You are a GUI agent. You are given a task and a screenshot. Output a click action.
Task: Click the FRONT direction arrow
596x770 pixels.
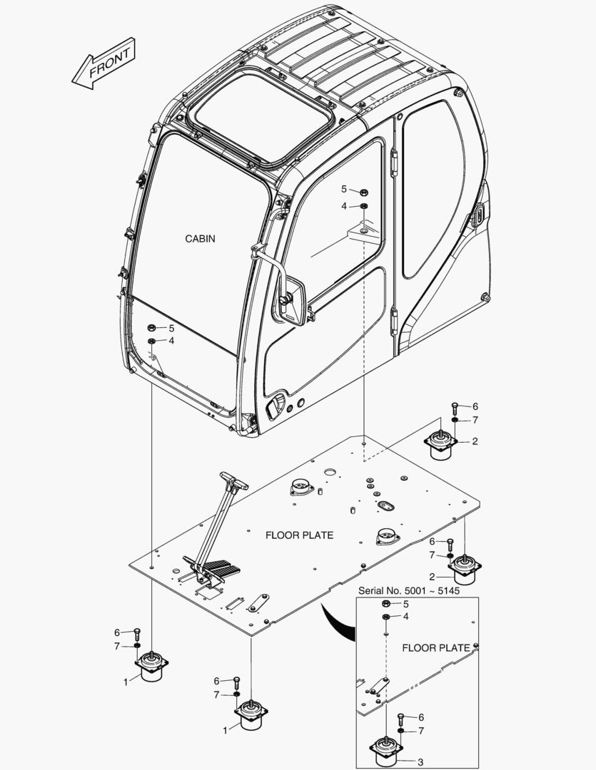[x=103, y=63]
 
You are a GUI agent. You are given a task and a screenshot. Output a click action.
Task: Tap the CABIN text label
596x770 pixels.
[x=200, y=239]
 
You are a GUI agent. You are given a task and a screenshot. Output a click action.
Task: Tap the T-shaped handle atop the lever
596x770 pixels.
[x=233, y=481]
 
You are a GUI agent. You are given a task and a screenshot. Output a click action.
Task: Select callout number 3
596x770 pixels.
[x=420, y=762]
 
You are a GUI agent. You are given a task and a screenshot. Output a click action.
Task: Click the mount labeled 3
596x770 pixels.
[x=386, y=751]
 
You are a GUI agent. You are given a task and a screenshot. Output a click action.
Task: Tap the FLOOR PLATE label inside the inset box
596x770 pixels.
[x=435, y=648]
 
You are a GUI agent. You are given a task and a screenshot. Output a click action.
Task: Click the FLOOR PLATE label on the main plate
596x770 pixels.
[x=299, y=535]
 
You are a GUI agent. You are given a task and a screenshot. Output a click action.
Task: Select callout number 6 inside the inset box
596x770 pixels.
[x=421, y=717]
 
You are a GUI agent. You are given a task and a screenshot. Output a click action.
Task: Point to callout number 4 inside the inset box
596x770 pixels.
[x=406, y=616]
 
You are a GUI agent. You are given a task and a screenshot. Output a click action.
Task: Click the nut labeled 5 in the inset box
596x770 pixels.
[x=385, y=603]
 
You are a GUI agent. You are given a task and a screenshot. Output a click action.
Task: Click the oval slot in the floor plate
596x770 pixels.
[x=386, y=505]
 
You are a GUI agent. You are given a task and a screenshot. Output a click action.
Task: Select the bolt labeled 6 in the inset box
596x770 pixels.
[x=400, y=717]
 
